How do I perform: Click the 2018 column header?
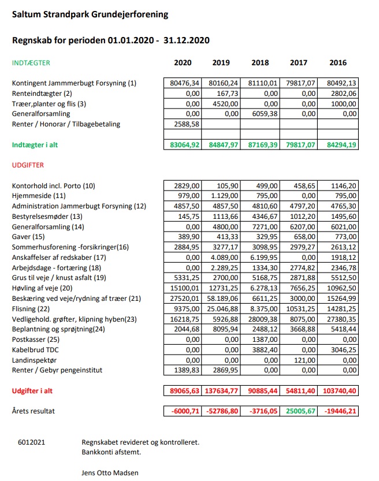[x=260, y=62]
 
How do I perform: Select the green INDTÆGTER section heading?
[x=31, y=63]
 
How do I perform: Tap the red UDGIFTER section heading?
[x=28, y=165]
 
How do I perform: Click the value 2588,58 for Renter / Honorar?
[x=187, y=124]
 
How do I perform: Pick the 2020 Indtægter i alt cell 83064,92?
[x=185, y=145]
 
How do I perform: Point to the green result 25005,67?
[x=300, y=411]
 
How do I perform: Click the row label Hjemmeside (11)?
[x=39, y=196]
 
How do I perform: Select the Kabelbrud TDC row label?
[x=35, y=350]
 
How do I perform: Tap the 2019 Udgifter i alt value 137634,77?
[x=221, y=391]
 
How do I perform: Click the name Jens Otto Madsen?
[x=110, y=473]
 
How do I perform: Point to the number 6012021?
[x=31, y=442]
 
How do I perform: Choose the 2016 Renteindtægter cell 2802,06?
[x=344, y=94]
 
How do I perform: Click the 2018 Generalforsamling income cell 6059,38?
[x=265, y=114]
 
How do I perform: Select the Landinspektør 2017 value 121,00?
[x=304, y=360]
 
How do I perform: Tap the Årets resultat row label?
[x=33, y=411]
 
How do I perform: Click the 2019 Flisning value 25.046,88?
[x=222, y=309]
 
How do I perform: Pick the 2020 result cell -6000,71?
[x=185, y=411]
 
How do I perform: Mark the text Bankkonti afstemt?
[x=111, y=452]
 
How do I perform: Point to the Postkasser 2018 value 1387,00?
[x=265, y=340]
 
